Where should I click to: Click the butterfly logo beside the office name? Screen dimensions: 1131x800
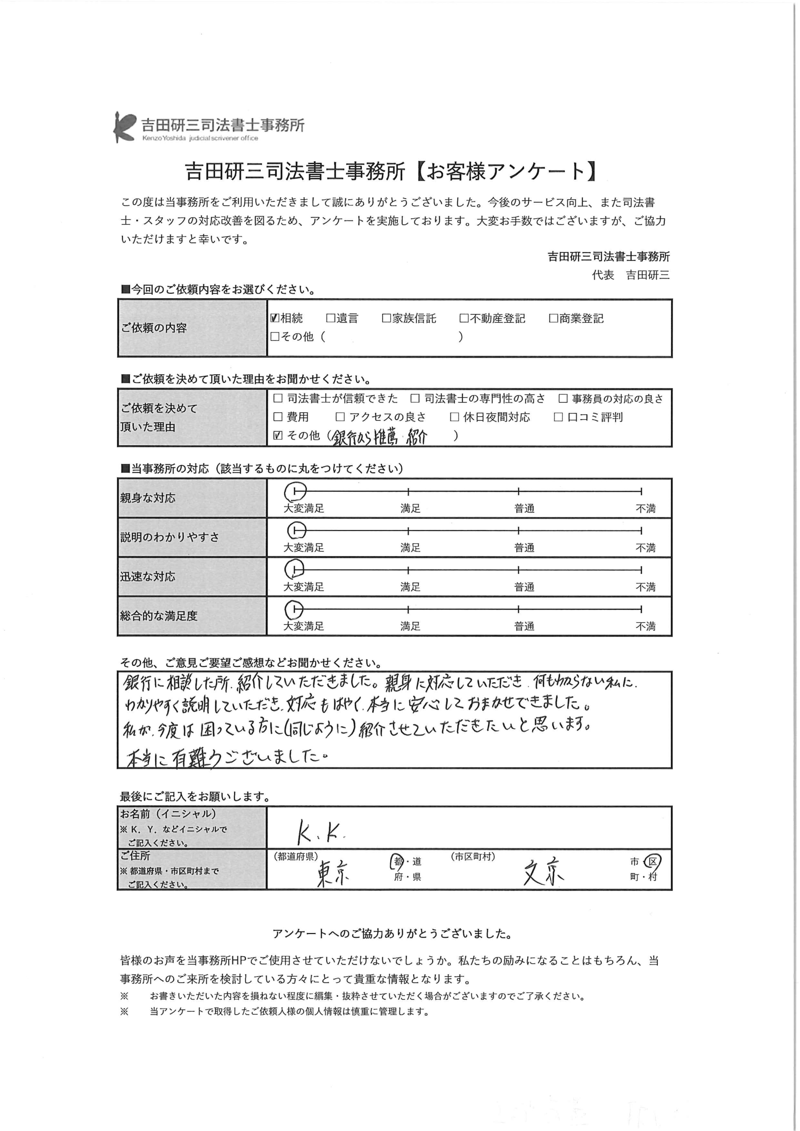click(x=124, y=127)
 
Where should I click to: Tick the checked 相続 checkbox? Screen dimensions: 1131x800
click(x=275, y=318)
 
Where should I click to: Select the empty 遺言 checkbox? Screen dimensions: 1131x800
click(x=330, y=318)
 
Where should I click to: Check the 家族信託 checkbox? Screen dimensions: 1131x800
click(x=386, y=318)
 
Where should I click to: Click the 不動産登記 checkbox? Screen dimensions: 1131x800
click(x=464, y=318)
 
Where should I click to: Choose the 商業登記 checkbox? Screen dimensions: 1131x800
click(x=553, y=318)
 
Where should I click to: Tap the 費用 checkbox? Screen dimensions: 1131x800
click(x=278, y=417)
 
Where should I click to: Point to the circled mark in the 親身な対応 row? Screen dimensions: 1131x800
click(x=295, y=491)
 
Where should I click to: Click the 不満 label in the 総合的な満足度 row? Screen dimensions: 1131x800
click(x=645, y=626)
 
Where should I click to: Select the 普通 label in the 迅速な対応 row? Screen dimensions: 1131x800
click(x=524, y=587)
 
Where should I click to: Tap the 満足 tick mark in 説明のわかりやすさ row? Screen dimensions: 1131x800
click(x=409, y=531)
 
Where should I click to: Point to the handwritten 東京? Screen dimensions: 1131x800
click(x=333, y=873)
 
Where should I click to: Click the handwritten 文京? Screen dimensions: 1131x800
click(x=543, y=873)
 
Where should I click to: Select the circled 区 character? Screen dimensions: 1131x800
click(x=653, y=862)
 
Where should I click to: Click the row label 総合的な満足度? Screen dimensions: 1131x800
click(x=159, y=616)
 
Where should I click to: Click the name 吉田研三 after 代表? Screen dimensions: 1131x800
click(x=648, y=275)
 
